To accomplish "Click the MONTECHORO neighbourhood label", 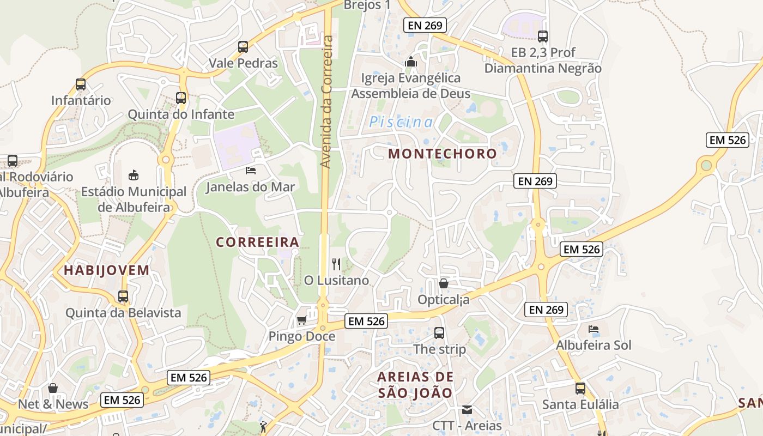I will (443, 154).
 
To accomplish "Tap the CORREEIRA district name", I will (258, 242).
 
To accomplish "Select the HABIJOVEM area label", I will (107, 270).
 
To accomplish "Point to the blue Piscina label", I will (401, 122).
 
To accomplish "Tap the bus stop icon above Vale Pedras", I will (243, 47).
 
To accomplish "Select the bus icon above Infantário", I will (81, 84).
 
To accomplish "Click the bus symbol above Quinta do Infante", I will (181, 98).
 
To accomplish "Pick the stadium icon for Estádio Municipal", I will (133, 175).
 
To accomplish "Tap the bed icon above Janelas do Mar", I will (250, 171).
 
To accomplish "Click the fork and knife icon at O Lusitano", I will (336, 264).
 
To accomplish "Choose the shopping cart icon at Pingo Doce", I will (301, 320).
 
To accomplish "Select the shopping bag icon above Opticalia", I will (444, 283).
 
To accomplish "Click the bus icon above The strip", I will (439, 332).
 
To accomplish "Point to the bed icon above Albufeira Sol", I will (594, 329).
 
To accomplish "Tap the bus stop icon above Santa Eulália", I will (580, 389).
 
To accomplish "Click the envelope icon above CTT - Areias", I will (467, 409).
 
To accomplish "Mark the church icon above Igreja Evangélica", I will (411, 62).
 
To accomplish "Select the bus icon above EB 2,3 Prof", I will (543, 37).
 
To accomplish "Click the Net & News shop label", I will (53, 404).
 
